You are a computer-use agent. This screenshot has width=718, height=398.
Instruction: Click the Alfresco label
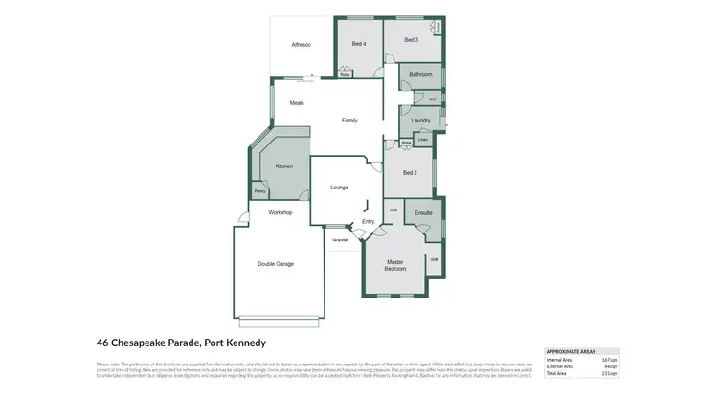302,45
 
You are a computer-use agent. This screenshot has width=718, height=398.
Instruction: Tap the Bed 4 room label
358,45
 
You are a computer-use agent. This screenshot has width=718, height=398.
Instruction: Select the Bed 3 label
412,40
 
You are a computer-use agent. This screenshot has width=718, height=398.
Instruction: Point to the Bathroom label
421,74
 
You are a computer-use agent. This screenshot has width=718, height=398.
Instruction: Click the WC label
433,98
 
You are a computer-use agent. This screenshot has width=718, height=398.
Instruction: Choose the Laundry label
420,120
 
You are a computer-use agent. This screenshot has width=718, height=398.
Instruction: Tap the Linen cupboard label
422,140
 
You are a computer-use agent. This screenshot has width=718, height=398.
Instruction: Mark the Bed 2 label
410,173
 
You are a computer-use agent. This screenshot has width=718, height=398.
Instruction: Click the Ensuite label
424,212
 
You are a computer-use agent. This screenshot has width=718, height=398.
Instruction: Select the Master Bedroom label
396,265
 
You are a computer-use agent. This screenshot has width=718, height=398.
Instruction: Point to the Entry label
369,221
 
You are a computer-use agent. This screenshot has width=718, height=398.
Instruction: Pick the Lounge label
339,188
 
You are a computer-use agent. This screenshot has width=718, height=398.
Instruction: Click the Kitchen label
284,166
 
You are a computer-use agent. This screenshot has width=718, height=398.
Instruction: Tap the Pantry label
259,191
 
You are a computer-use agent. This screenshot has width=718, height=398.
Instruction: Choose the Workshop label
280,212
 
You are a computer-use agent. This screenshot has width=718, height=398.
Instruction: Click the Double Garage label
276,264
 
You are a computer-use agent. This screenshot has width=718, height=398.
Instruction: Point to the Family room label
350,120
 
